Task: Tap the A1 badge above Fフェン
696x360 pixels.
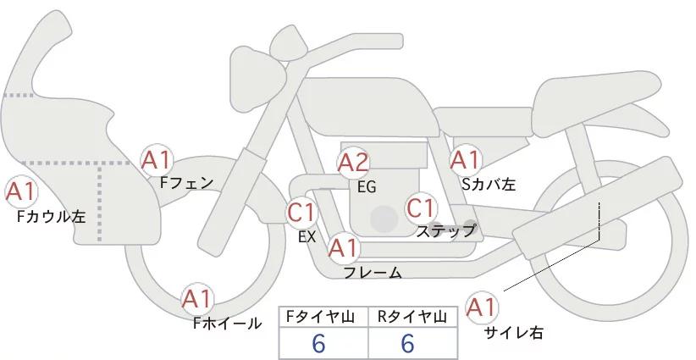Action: tap(157, 159)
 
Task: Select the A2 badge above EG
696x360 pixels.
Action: tap(353, 163)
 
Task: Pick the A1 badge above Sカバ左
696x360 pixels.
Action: tap(465, 158)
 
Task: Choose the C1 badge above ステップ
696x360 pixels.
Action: tap(420, 208)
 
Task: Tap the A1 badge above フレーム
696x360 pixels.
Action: tap(343, 248)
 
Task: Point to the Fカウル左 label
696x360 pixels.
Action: tap(52, 217)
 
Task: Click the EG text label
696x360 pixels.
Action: tap(367, 187)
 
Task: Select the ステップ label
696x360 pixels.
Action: tap(446, 230)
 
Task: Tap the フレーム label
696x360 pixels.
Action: tap(373, 273)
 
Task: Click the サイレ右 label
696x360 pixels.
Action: tap(514, 333)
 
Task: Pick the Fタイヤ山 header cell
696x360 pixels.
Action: tap(323, 317)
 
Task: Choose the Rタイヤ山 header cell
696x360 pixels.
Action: tap(413, 317)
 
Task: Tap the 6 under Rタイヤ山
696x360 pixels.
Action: tap(407, 343)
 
